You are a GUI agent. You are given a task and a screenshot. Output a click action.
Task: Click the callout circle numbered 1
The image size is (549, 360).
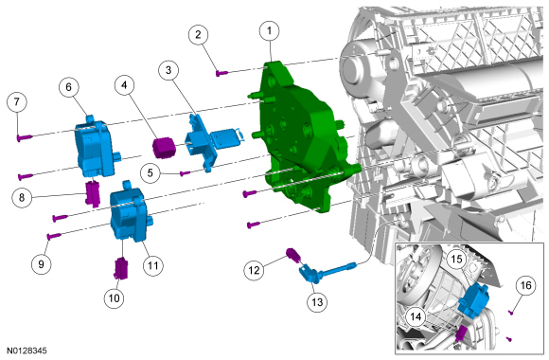pos(269,31)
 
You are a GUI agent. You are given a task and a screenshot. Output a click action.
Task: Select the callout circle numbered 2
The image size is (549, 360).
pos(198,35)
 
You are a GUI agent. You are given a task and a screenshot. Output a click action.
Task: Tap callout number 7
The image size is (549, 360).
pos(17,102)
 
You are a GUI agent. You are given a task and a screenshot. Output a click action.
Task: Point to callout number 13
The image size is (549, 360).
pos(317,302)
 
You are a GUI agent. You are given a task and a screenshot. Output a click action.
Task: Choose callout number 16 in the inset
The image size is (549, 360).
pos(526,286)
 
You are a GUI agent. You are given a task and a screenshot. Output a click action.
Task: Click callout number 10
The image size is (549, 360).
pos(115,298)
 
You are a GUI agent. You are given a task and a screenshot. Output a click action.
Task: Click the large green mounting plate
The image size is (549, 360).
pos(304,136)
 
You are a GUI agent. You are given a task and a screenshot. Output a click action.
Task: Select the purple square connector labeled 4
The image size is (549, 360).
pos(164,148)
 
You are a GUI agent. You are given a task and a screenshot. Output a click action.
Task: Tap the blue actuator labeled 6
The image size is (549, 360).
pos(96,146)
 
